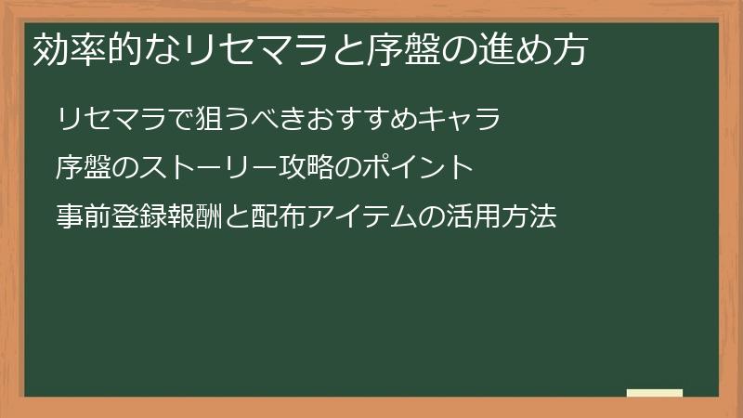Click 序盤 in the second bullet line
(83, 169)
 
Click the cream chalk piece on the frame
(655, 393)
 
